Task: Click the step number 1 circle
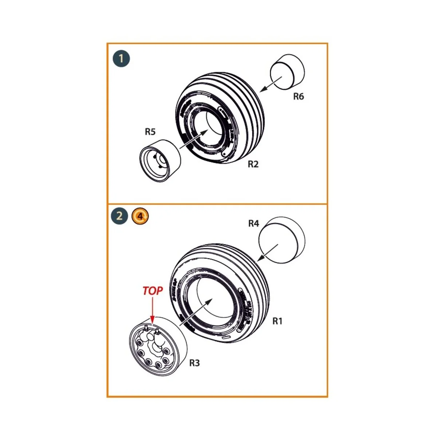tap(121, 59)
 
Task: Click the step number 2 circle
tap(119, 216)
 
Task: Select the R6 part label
tap(298, 97)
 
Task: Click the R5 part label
tap(150, 132)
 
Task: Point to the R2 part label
tap(253, 164)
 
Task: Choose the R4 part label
tap(253, 224)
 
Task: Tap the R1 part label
tap(277, 321)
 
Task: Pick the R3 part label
tap(194, 363)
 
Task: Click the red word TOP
tap(153, 291)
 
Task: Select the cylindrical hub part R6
tap(287, 72)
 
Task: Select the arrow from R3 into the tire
tap(196, 311)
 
